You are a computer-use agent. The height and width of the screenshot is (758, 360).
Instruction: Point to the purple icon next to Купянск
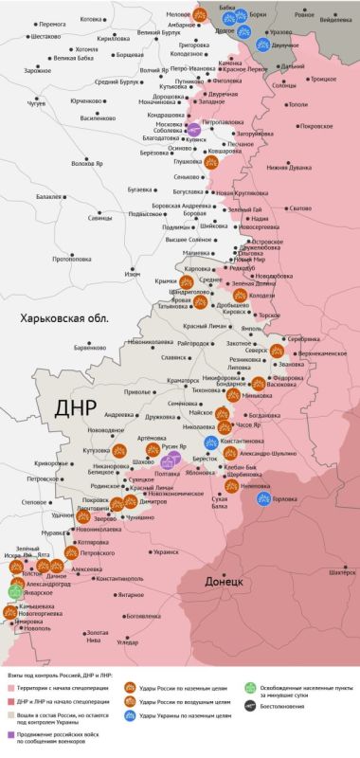coord(193,130)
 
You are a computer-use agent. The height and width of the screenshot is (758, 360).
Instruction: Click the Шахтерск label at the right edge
coord(342,572)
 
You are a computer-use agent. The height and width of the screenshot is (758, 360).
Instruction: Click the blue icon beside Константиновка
coord(212,442)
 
